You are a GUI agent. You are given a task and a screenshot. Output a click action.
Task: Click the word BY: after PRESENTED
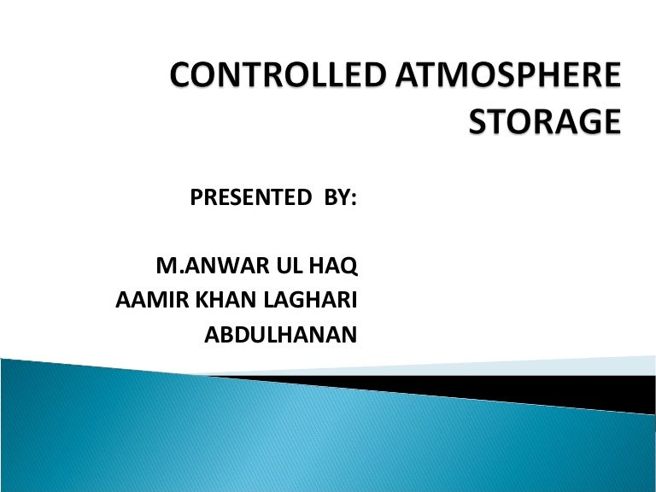pos(338,200)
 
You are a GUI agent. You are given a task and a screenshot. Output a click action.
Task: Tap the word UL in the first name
pos(290,267)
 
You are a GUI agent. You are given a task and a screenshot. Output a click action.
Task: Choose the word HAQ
pos(336,267)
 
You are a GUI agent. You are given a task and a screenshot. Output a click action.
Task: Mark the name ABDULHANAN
pos(280,336)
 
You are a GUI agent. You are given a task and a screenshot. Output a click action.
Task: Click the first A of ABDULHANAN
pos(213,336)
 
